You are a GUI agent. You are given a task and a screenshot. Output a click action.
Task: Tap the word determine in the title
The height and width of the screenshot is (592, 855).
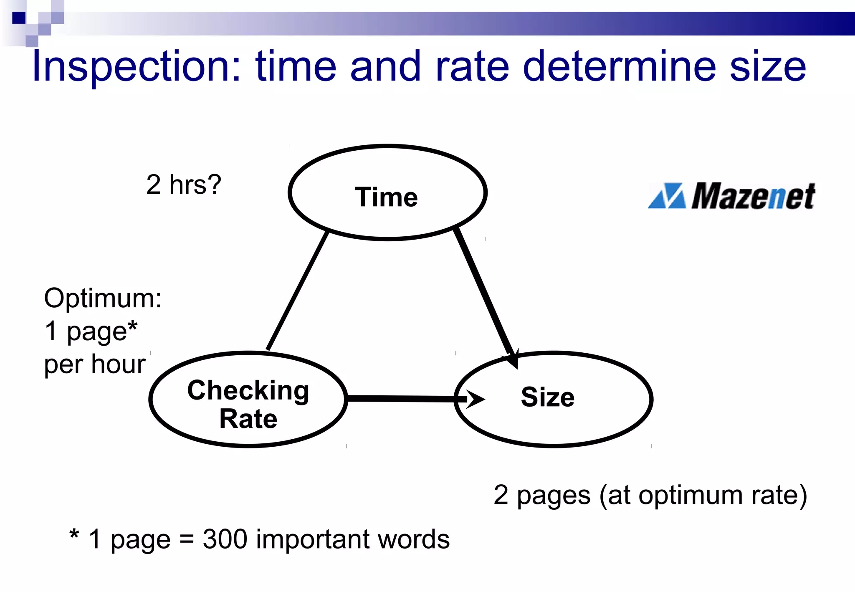[620, 67]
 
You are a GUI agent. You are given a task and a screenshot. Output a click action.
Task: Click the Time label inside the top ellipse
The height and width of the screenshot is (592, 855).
[386, 197]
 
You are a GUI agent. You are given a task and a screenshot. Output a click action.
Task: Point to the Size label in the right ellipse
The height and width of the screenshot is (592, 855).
[547, 397]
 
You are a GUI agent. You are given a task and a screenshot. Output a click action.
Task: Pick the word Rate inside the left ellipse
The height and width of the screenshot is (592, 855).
[248, 419]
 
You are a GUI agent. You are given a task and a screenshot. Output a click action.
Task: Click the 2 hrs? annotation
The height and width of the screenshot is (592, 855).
[183, 184]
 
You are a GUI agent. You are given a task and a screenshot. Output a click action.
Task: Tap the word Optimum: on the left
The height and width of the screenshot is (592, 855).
[103, 298]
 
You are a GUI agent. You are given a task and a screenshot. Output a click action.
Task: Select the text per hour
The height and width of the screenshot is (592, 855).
[95, 364]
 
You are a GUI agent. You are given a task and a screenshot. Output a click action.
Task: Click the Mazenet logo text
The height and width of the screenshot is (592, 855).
[753, 196]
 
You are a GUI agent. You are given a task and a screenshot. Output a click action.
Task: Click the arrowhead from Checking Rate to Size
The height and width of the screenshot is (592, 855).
[475, 399]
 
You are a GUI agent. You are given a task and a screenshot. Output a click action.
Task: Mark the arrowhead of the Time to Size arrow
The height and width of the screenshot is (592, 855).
[513, 358]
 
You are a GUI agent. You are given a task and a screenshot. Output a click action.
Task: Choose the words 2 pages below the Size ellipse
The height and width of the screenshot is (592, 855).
[542, 496]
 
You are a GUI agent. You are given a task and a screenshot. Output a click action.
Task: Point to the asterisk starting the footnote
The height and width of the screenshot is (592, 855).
[74, 535]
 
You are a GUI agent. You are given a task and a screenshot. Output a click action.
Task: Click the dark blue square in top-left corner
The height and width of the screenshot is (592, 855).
[19, 18]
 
